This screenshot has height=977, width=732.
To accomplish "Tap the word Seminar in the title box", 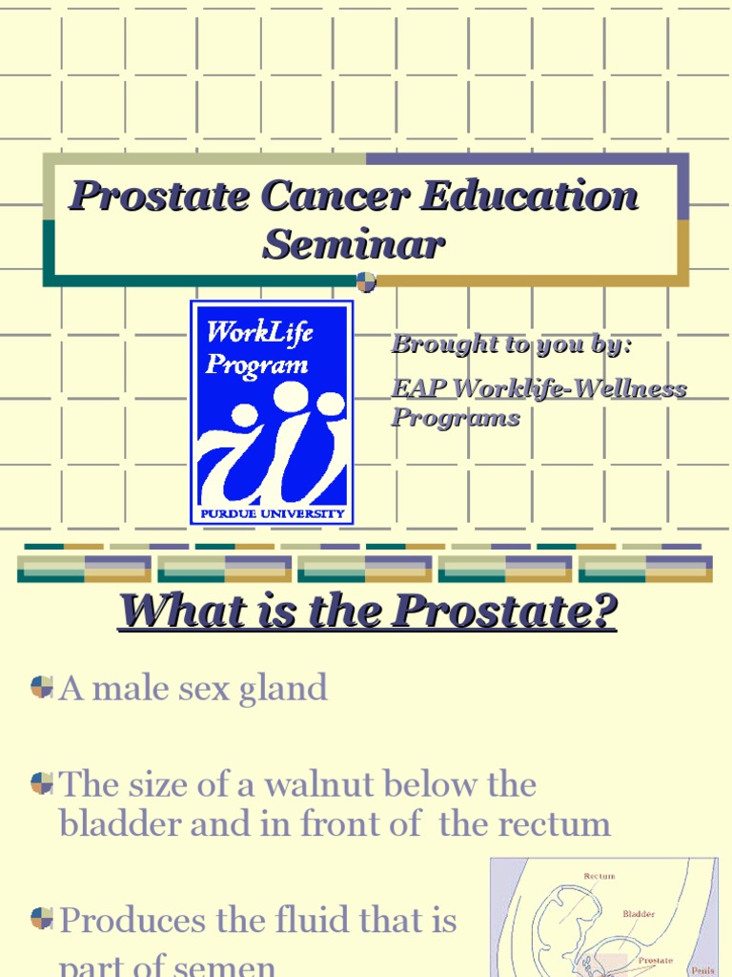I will pyautogui.click(x=354, y=244).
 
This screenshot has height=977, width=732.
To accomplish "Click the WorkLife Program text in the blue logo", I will pyautogui.click(x=258, y=348).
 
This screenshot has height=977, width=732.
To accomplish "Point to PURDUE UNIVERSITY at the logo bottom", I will pyautogui.click(x=272, y=513).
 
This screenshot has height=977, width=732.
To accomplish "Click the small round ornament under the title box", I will pyautogui.click(x=366, y=281).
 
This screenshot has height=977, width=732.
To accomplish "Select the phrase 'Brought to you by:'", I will pyautogui.click(x=511, y=344).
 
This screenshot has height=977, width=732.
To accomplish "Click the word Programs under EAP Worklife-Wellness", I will pyautogui.click(x=455, y=418).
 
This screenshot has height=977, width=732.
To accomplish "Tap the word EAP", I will pyautogui.click(x=419, y=389).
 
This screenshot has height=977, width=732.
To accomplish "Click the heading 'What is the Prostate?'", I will pyautogui.click(x=367, y=612).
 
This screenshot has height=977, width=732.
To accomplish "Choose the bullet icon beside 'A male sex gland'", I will pyautogui.click(x=41, y=687).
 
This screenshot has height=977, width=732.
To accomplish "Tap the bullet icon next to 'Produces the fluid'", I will pyautogui.click(x=41, y=919).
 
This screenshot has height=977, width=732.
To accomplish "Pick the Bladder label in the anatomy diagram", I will pyautogui.click(x=639, y=913).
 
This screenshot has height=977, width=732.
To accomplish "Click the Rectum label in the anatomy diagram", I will pyautogui.click(x=599, y=876).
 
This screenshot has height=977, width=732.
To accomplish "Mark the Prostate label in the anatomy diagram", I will pyautogui.click(x=655, y=960).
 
